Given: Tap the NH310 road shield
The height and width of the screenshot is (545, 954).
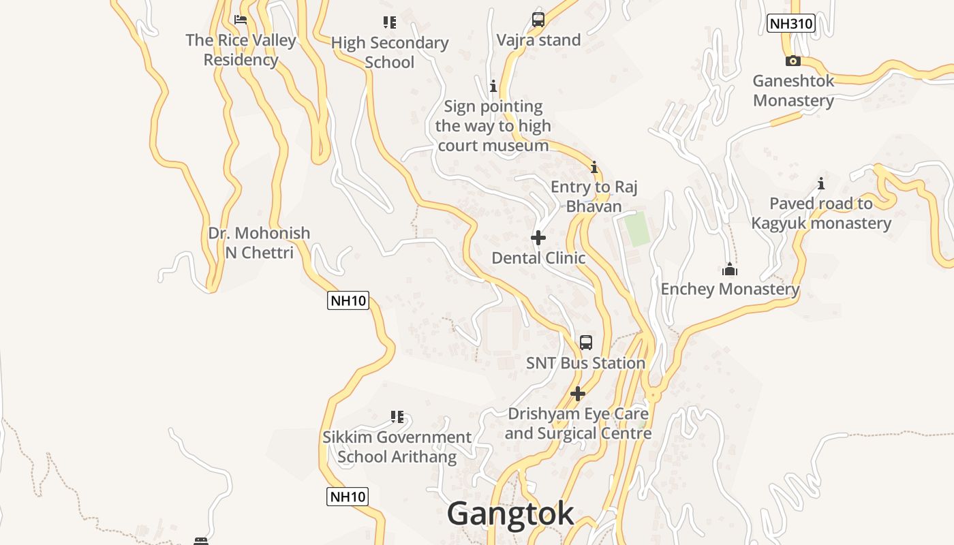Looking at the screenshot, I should click(x=790, y=24).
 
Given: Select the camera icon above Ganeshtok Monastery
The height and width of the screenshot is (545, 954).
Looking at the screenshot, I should click(x=793, y=61).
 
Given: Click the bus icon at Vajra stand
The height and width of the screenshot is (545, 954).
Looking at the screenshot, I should click(x=538, y=20).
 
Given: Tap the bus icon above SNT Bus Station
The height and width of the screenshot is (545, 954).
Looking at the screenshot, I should click(x=586, y=343).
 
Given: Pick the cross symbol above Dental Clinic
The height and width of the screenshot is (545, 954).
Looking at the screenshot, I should click(x=538, y=238).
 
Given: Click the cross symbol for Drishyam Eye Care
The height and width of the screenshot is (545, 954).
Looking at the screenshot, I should click(x=578, y=394).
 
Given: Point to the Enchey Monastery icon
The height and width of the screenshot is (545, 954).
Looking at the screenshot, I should click(x=730, y=269).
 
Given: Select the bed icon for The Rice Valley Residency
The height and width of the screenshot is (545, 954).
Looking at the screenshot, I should click(x=241, y=20).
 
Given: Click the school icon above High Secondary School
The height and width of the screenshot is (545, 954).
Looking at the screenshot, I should click(x=390, y=22).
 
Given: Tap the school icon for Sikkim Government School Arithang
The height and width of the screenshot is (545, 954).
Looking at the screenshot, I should click(x=397, y=416).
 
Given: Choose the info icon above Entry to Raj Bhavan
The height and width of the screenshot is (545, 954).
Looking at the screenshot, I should click(x=594, y=167).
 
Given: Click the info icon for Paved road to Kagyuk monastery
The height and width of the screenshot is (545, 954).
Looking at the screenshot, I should click(x=821, y=184).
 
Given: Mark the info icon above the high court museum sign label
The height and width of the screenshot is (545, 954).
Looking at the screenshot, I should click(x=493, y=87).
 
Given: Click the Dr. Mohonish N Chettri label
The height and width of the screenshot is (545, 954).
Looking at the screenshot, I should click(x=259, y=243).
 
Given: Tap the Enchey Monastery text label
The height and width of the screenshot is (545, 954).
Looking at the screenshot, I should click(x=730, y=289).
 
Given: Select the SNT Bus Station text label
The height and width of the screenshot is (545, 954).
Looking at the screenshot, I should click(x=585, y=363).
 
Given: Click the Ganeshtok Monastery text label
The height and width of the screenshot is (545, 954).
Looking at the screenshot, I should click(x=793, y=91).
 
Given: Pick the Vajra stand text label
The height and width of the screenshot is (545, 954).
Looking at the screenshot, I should click(x=538, y=40).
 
